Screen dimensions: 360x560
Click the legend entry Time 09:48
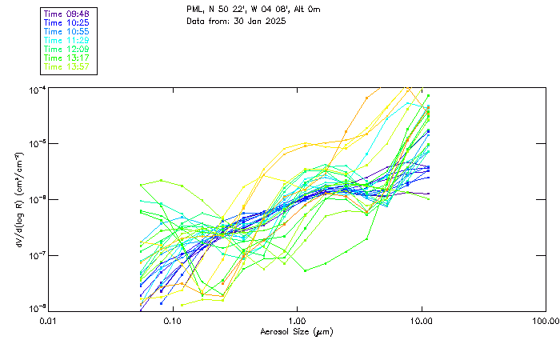[66, 14]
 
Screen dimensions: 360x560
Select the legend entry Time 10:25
[66, 22]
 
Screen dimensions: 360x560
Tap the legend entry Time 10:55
[66, 31]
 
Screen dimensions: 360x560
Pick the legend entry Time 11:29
[66, 40]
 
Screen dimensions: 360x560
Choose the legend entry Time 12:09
[66, 49]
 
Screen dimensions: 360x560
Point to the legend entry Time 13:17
[66, 58]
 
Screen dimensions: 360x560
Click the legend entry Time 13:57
[66, 66]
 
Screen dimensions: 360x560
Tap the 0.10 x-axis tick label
[173, 321]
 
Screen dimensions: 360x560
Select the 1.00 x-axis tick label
[297, 321]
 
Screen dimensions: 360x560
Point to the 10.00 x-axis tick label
[421, 321]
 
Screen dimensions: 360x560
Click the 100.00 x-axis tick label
[543, 321]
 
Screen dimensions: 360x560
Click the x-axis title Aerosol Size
[296, 331]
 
